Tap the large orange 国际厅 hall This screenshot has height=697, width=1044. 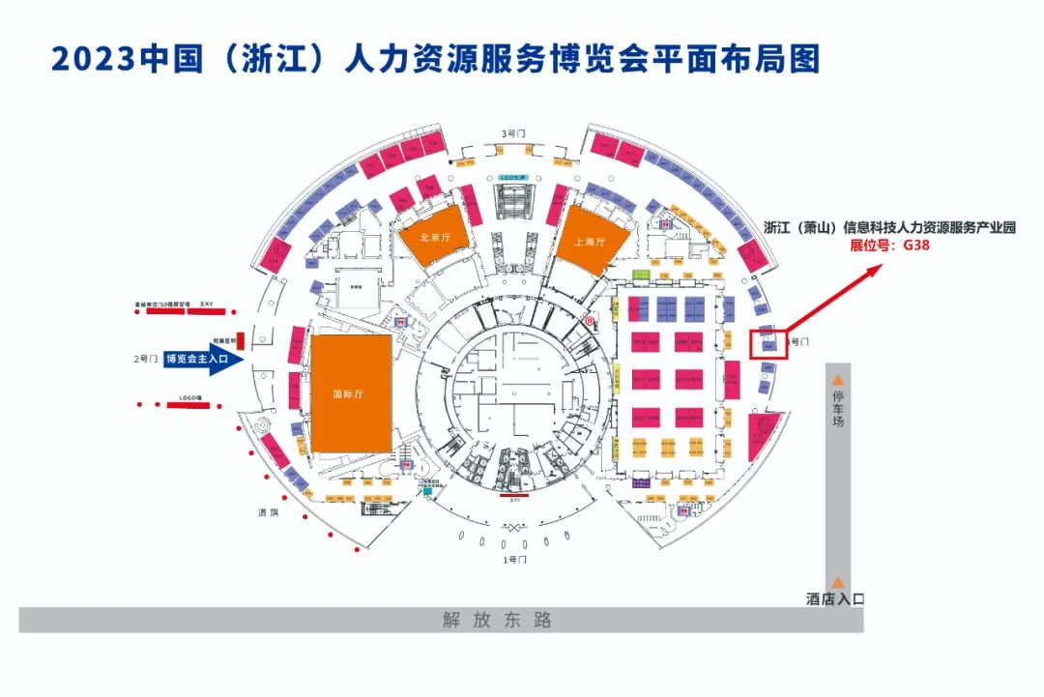pyautogui.click(x=351, y=393)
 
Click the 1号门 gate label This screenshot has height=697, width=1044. pyautogui.click(x=515, y=560)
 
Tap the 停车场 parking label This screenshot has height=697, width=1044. pyautogui.click(x=838, y=409)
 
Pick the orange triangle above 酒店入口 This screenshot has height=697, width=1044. pyautogui.click(x=838, y=582)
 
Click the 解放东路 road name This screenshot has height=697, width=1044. pyautogui.click(x=498, y=621)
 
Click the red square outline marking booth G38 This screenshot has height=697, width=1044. pyautogui.click(x=769, y=343)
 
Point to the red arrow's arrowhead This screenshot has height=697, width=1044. pyautogui.click(x=874, y=266)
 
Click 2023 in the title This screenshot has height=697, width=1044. pyautogui.click(x=92, y=59)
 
